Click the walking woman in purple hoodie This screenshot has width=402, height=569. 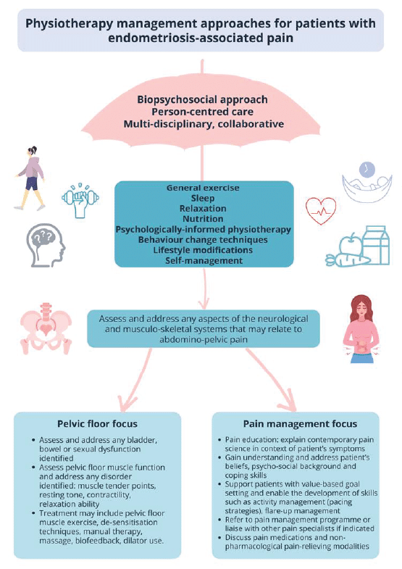tap(30, 178)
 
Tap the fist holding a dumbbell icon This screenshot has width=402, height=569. tap(80, 200)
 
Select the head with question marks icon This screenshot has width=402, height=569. tap(46, 245)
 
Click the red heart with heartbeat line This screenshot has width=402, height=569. tap(321, 211)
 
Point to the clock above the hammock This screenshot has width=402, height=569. tap(367, 169)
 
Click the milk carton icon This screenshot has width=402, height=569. tap(375, 245)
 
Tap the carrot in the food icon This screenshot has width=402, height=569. tap(347, 259)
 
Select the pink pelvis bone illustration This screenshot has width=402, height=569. tap(46, 328)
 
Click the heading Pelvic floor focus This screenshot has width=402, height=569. tap(98, 423)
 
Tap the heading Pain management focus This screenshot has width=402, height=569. tap(300, 423)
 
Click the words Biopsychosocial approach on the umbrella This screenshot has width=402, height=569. tap(203, 99)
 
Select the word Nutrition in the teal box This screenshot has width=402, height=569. tap(203, 219)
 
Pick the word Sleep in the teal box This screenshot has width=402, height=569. tap(203, 198)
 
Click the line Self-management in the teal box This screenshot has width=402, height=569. tap(204, 260)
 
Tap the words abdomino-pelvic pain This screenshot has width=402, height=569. tap(204, 340)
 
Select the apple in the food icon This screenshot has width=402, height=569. tap(350, 245)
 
